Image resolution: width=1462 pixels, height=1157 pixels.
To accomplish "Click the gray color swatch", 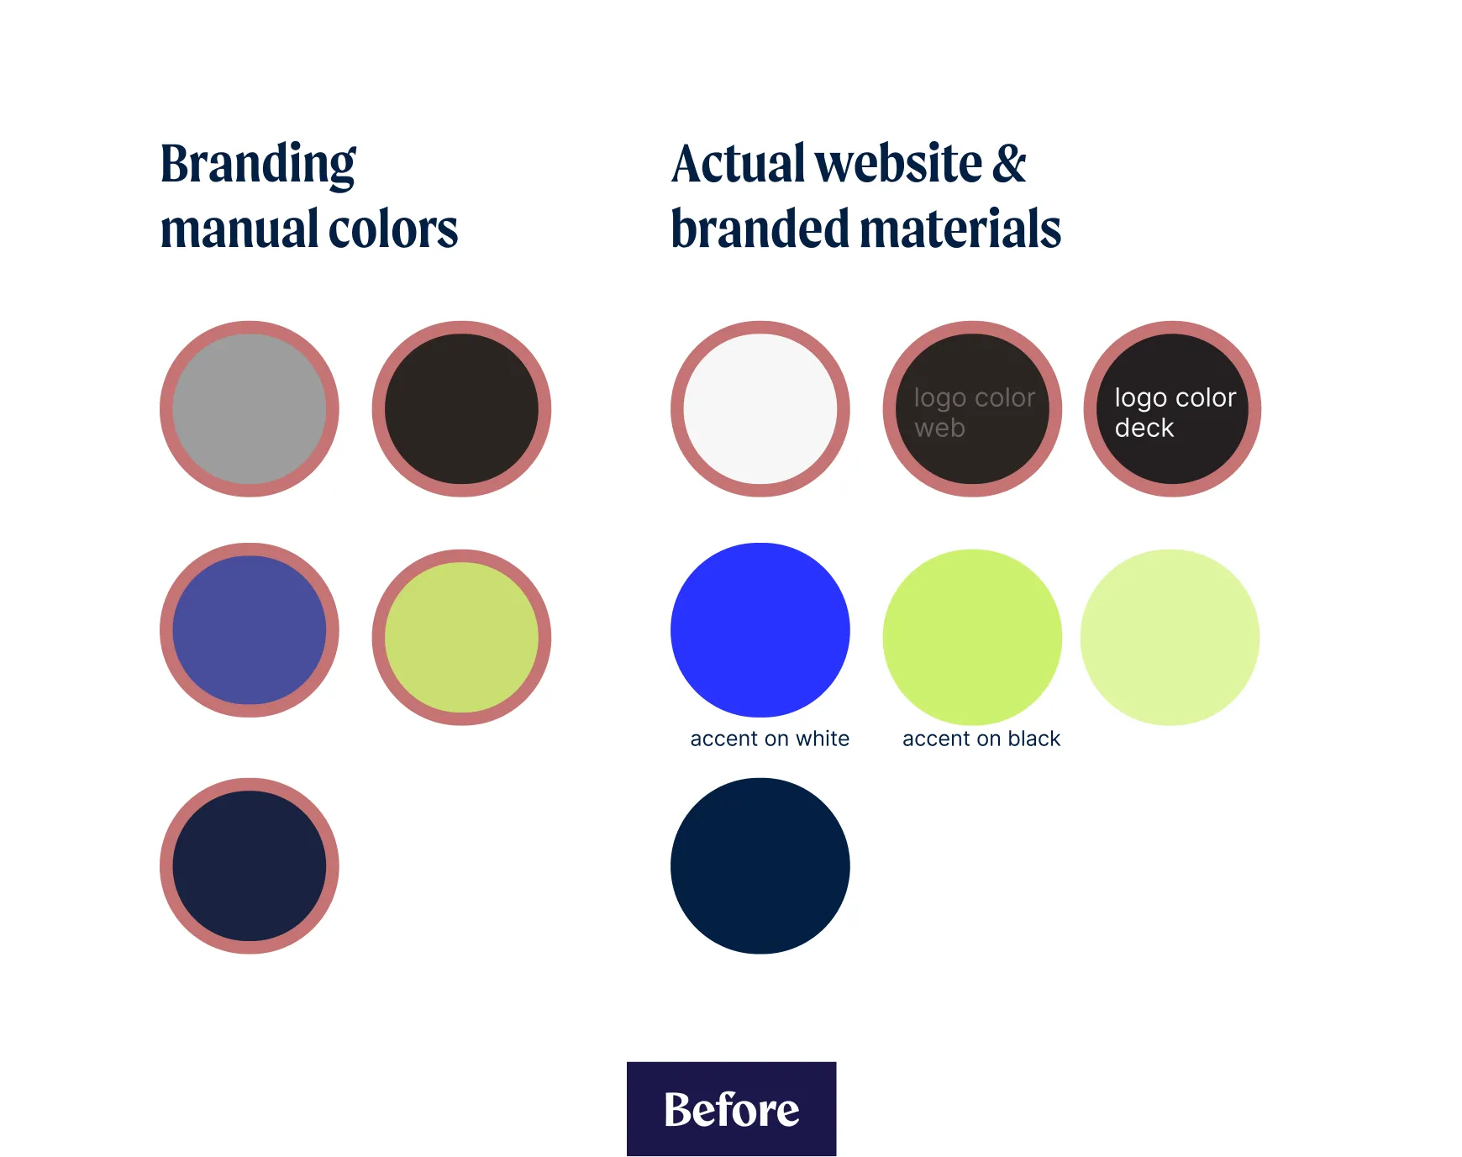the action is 250,409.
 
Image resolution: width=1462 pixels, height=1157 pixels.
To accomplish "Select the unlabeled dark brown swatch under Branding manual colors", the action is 461,409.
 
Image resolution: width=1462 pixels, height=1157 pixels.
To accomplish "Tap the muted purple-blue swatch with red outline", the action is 250,630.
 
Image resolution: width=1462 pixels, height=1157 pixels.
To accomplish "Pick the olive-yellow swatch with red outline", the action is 461,637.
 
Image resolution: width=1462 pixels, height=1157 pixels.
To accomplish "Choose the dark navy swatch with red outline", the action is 250,865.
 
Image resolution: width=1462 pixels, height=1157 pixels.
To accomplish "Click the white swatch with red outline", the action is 760,409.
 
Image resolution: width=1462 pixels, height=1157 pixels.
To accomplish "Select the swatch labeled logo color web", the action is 972,409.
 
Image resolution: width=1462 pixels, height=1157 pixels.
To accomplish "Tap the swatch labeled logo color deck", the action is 1172,409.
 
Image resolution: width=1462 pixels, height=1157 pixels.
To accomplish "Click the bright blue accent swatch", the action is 760,630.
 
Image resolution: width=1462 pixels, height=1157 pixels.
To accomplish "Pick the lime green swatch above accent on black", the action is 972,637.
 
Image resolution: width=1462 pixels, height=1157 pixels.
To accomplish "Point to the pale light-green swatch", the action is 1170,637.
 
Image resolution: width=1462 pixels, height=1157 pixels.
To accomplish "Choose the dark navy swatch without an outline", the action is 760,865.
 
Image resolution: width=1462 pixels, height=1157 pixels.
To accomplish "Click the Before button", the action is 731,1109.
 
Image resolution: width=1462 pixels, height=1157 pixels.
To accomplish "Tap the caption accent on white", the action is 770,739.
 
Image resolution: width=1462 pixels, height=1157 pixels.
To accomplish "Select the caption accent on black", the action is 981,739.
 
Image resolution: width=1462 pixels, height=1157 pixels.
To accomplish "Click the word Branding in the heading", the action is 258,165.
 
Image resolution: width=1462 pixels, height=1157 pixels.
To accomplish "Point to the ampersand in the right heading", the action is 1009,163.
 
